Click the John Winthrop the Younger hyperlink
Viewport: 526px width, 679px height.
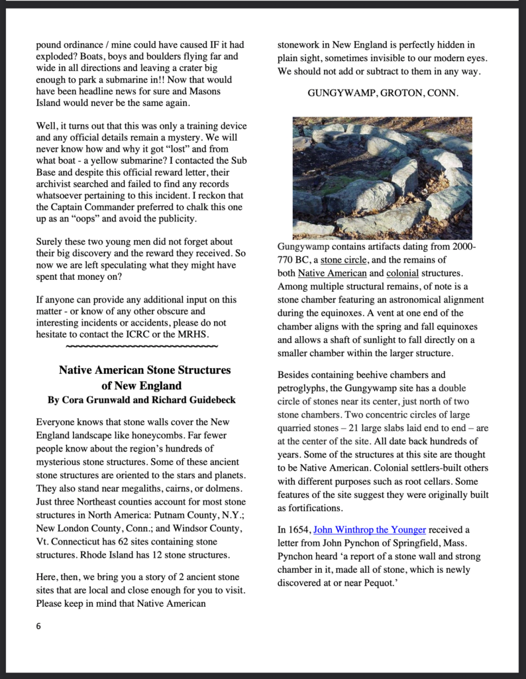click(x=369, y=530)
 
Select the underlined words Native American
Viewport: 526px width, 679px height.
click(x=332, y=273)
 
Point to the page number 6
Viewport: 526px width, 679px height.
click(x=38, y=625)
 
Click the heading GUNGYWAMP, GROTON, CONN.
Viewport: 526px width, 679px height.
click(x=382, y=93)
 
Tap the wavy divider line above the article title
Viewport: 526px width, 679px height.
click(x=142, y=345)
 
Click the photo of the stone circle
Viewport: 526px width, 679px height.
click(x=382, y=177)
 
